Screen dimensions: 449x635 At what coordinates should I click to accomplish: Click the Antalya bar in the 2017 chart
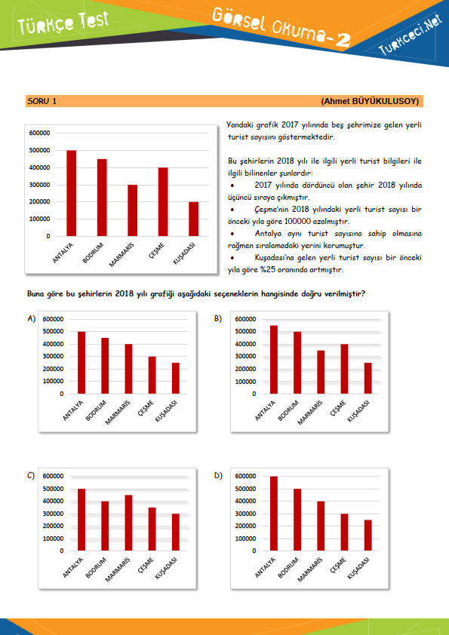click(x=72, y=193)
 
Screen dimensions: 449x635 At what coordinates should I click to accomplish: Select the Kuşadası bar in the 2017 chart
click(x=194, y=219)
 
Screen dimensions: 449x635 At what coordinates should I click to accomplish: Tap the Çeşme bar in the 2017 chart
click(x=163, y=201)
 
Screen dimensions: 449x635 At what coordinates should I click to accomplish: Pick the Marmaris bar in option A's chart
click(x=128, y=369)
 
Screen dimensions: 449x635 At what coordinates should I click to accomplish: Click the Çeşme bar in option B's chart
click(x=344, y=369)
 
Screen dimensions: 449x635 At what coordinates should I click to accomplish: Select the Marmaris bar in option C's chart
click(x=128, y=523)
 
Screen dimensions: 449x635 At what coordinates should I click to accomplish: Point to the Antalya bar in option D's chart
click(x=274, y=514)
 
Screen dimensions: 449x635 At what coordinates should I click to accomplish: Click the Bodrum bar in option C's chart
click(x=105, y=526)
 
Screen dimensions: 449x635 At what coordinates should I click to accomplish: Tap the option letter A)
click(x=31, y=319)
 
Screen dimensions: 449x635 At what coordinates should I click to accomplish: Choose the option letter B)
click(x=218, y=319)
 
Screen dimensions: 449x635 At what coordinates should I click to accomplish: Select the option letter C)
click(x=31, y=475)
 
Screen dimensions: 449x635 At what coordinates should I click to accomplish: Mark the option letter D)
click(x=218, y=475)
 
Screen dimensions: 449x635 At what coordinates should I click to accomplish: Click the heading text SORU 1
click(x=42, y=101)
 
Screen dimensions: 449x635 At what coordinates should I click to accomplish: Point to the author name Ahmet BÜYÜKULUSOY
click(x=370, y=101)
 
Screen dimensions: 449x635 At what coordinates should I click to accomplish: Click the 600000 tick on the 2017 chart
click(x=40, y=133)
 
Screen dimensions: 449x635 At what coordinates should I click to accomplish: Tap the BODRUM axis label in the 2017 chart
click(x=93, y=253)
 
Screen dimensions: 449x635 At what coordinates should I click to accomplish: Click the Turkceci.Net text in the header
click(x=410, y=35)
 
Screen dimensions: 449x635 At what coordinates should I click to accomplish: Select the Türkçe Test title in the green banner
click(x=63, y=23)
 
